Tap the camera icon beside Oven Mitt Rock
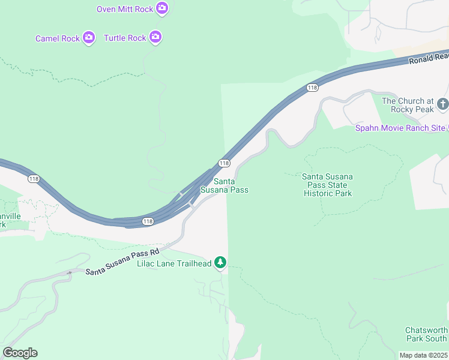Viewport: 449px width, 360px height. click(x=162, y=8)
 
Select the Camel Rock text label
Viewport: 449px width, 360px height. click(x=58, y=38)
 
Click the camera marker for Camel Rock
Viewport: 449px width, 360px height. click(x=89, y=38)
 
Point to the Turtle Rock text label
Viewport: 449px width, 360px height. click(x=125, y=38)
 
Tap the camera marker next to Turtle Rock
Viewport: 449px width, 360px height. click(x=155, y=37)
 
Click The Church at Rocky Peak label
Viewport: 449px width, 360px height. click(x=408, y=106)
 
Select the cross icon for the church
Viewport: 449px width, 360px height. click(x=443, y=104)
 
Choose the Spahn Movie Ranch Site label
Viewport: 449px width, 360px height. click(x=400, y=128)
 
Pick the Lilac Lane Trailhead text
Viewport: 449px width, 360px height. click(x=174, y=263)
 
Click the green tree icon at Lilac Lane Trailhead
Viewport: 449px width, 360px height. click(x=220, y=263)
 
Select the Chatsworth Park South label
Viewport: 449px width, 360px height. click(x=426, y=335)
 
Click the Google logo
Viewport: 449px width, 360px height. click(x=20, y=353)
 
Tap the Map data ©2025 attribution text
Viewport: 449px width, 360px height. click(x=424, y=355)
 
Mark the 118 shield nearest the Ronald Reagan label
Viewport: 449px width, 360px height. click(x=312, y=88)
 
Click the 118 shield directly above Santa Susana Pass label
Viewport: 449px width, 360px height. click(x=224, y=163)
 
